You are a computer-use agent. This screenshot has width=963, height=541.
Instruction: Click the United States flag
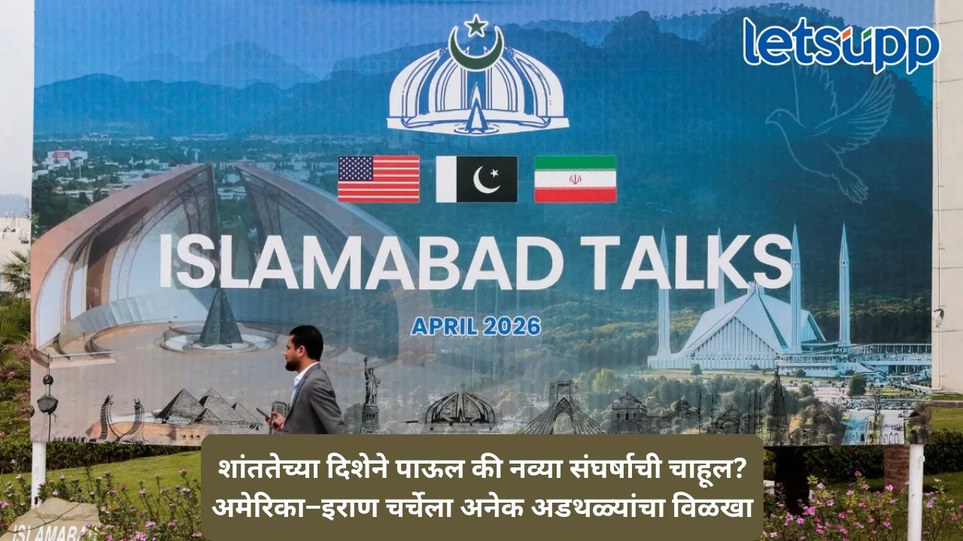pos(378,179)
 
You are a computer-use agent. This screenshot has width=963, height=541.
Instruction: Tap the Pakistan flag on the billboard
pos(477,179)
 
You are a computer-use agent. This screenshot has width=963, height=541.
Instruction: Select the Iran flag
pos(576,179)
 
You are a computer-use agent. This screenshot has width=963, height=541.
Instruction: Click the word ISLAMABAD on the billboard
pos(361,262)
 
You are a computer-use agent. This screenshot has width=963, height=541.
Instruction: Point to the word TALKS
pos(685,262)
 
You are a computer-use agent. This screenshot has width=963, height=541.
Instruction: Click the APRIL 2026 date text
pos(476,327)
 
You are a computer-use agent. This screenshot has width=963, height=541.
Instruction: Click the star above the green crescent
pos(476,26)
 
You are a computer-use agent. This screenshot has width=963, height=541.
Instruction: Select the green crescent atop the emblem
pos(476,50)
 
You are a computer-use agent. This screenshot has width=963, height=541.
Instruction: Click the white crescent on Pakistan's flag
pos(485,180)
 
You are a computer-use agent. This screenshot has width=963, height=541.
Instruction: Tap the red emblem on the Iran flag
pos(576,179)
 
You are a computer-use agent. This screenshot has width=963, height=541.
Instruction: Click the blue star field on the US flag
pos(356,168)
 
